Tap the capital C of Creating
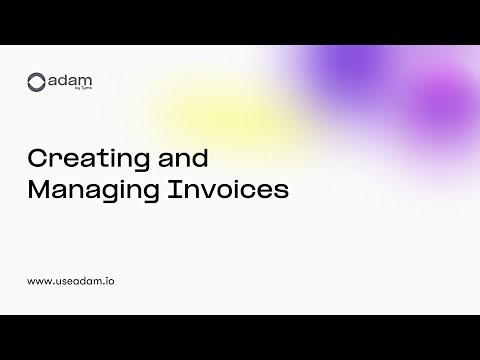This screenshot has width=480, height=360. click(x=35, y=160)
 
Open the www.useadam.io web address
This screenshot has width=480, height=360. click(x=71, y=282)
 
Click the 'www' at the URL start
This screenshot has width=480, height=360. click(x=38, y=282)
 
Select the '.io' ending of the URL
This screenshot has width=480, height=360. click(x=108, y=282)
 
